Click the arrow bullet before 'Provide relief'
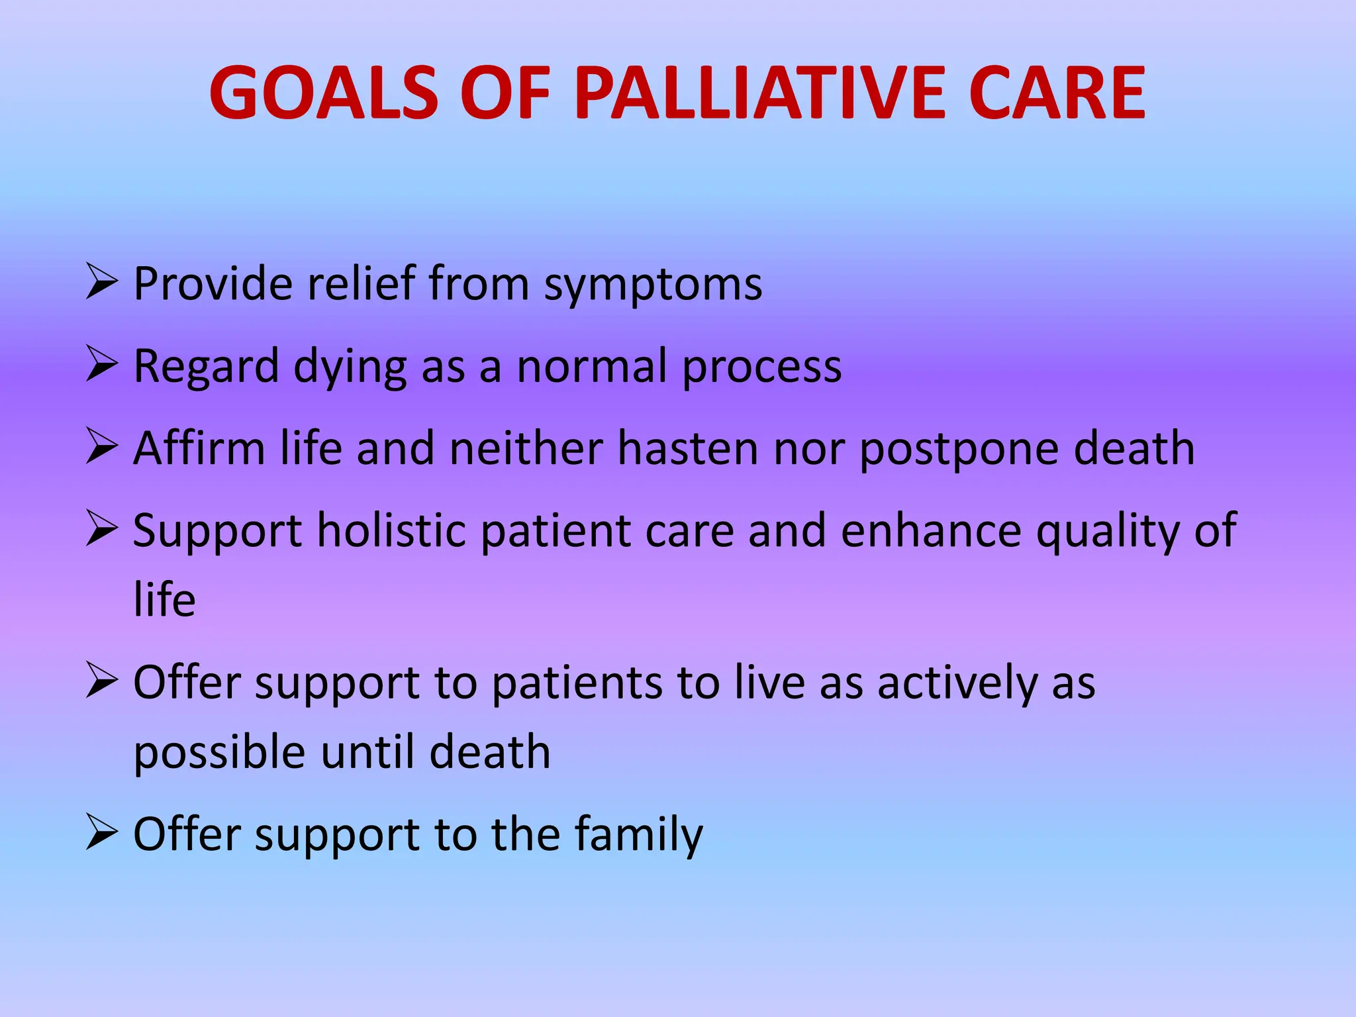click(101, 283)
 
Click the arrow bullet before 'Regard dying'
click(101, 365)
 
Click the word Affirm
click(199, 448)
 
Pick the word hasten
click(688, 448)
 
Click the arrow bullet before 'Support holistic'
click(101, 530)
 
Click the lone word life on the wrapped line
click(164, 599)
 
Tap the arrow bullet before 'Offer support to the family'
click(101, 833)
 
